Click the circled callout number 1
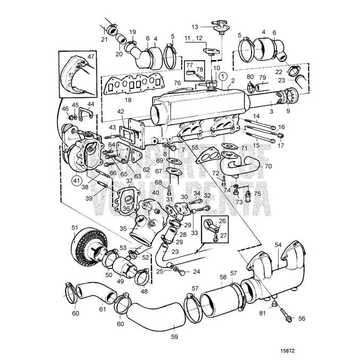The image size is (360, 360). click(x=224, y=76)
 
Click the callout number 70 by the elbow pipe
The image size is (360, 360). click(x=268, y=165)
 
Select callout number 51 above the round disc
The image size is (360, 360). click(x=74, y=227)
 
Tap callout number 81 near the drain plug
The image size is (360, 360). click(x=263, y=313)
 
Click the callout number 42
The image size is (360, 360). click(x=121, y=111)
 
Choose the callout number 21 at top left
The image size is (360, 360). click(x=104, y=39)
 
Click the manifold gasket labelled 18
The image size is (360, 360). click(x=127, y=84)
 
